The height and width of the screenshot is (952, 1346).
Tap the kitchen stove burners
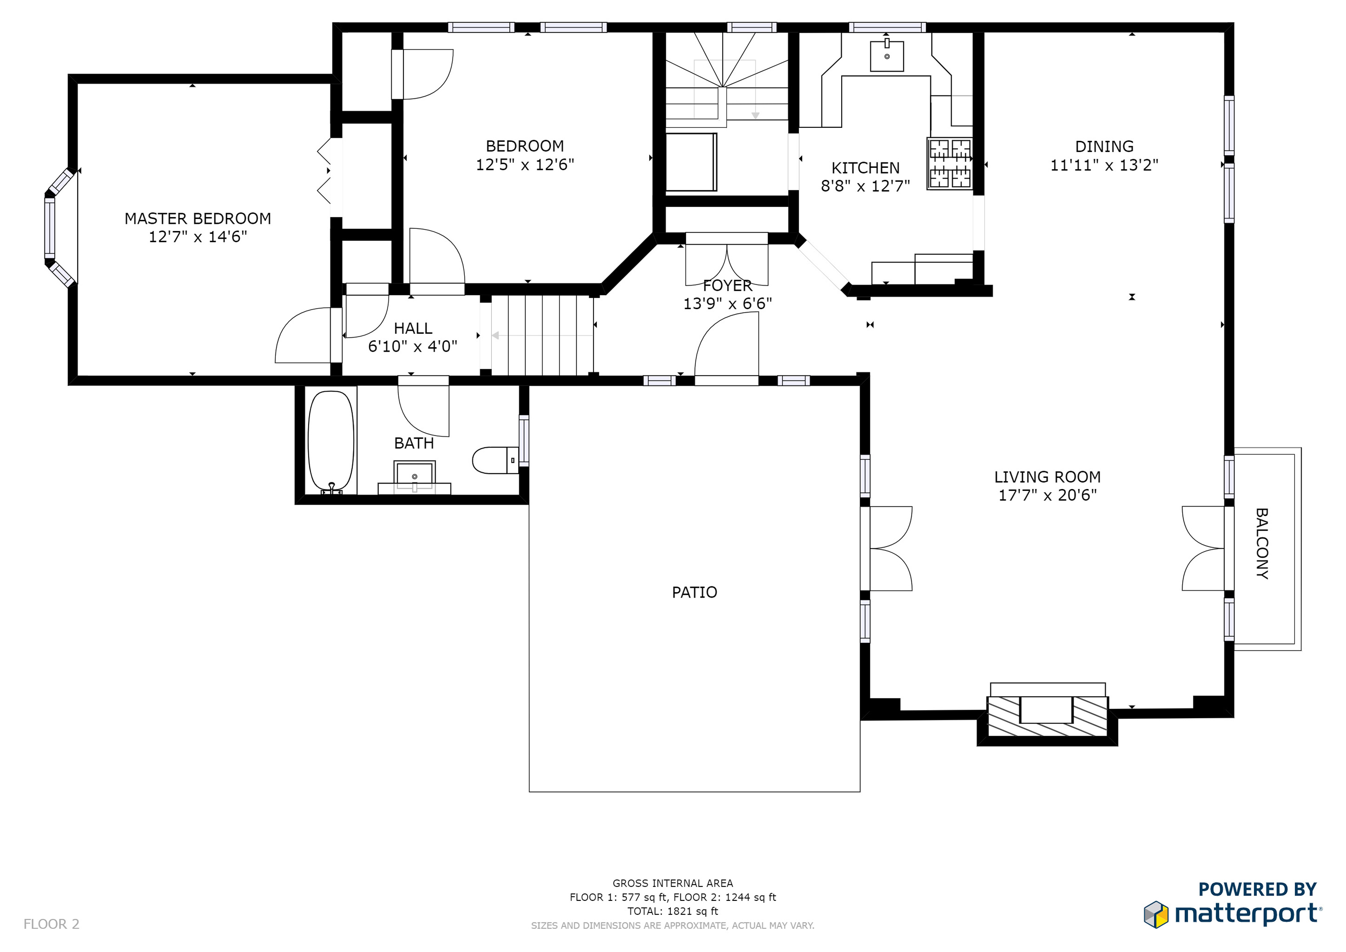pyautogui.click(x=949, y=164)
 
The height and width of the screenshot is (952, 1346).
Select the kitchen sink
pyautogui.click(x=887, y=55)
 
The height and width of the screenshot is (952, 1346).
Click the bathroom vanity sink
pyautogui.click(x=415, y=476)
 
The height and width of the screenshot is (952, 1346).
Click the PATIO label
pyautogui.click(x=695, y=592)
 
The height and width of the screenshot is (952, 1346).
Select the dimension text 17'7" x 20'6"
pyautogui.click(x=1047, y=495)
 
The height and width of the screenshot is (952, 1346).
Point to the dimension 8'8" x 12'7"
pyautogui.click(x=865, y=186)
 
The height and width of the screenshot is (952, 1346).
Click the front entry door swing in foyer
pyautogui.click(x=726, y=346)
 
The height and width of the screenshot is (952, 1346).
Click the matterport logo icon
pyautogui.click(x=1156, y=914)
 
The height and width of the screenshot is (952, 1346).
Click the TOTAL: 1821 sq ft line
pyautogui.click(x=673, y=911)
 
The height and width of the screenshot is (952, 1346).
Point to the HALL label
pyautogui.click(x=413, y=328)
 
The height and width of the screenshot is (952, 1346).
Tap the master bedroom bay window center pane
pyautogui.click(x=50, y=228)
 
